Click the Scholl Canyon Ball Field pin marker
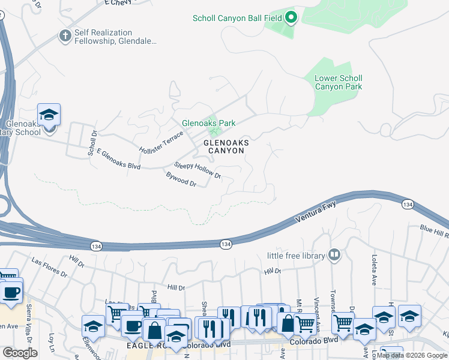[291, 17]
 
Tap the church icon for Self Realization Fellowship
[65, 36]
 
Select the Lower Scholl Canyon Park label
[339, 82]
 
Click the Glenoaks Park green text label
[209, 123]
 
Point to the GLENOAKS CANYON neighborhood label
[226, 146]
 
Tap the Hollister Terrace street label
[160, 142]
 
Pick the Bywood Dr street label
[181, 179]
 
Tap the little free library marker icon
[335, 255]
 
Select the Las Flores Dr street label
[50, 267]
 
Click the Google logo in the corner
[20, 353]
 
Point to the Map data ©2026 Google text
[412, 355]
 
